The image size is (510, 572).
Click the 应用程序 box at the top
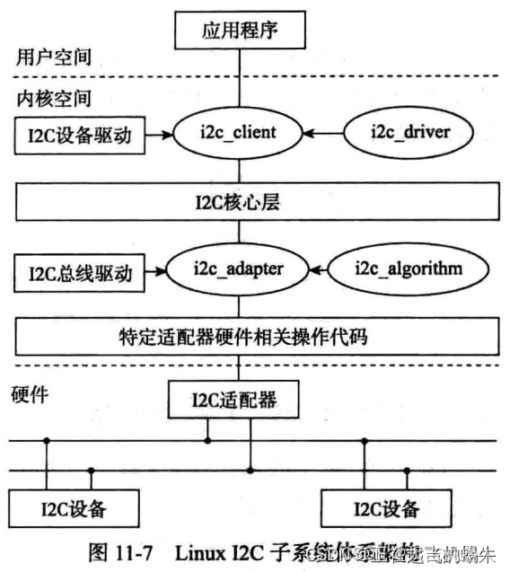pyautogui.click(x=238, y=31)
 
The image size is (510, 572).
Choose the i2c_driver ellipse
pyautogui.click(x=409, y=134)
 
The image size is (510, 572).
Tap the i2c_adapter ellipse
pyautogui.click(x=238, y=268)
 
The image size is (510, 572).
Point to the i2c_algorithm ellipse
pyautogui.click(x=409, y=268)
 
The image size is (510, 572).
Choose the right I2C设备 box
pyautogui.click(x=386, y=508)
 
